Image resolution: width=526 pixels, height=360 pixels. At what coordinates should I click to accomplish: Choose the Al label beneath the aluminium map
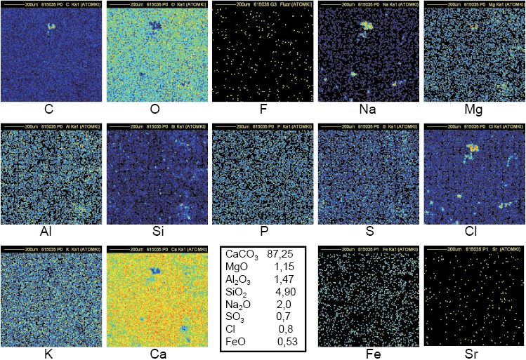(50, 232)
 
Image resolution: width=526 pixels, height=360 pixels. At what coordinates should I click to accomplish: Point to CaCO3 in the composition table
(242, 255)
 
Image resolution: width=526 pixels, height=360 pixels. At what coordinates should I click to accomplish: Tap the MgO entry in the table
(237, 267)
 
